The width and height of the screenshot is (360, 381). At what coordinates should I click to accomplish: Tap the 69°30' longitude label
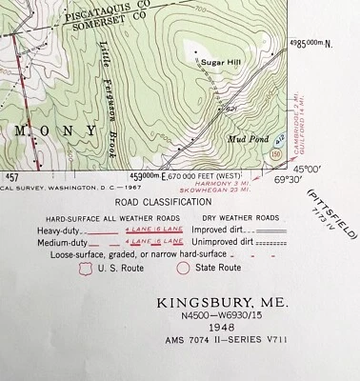tap(290, 178)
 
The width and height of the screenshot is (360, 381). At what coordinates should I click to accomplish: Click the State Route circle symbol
tap(183, 270)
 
